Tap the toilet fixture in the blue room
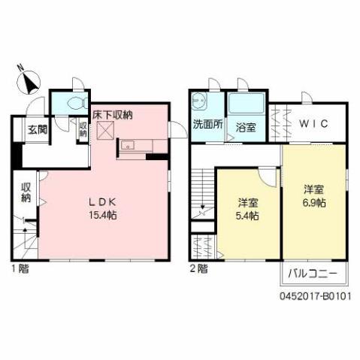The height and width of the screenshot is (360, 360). click(x=76, y=103)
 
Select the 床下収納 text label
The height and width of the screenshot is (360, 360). click(x=113, y=115)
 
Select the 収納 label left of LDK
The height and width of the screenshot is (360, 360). click(x=26, y=192)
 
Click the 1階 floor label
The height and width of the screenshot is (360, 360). click(x=19, y=268)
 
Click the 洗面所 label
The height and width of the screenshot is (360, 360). click(x=207, y=125)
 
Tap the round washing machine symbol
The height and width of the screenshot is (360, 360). click(x=199, y=98)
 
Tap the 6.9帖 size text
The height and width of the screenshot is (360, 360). click(x=315, y=202)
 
